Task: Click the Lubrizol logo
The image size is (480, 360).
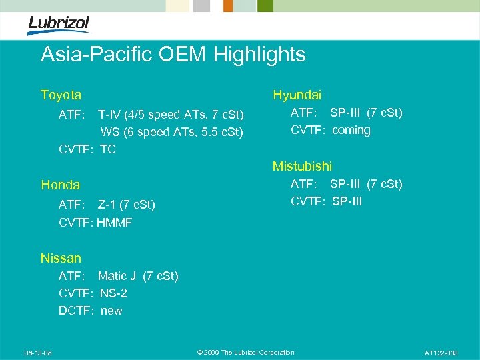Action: (x=58, y=25)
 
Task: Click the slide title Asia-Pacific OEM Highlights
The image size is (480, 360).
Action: (x=173, y=55)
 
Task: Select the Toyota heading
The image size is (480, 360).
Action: (x=61, y=95)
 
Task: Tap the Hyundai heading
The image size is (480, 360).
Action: (x=297, y=95)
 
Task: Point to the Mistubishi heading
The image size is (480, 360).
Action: (x=302, y=166)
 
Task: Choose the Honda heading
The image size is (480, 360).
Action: (x=60, y=185)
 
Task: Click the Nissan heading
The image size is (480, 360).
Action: (x=61, y=258)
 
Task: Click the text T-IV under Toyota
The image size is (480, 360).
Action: (x=110, y=114)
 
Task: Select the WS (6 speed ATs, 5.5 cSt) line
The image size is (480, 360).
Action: (x=171, y=131)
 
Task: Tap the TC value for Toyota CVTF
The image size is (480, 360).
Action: (x=108, y=149)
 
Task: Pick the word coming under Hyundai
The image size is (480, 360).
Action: (x=351, y=130)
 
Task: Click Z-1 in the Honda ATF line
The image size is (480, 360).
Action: (x=109, y=205)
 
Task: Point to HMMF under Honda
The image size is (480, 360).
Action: (x=114, y=222)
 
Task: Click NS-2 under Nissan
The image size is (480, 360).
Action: (x=113, y=293)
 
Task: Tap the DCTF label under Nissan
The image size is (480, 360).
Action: (x=75, y=310)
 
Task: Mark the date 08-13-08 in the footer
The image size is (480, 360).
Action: (x=39, y=353)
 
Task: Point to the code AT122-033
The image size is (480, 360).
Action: (x=441, y=353)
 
